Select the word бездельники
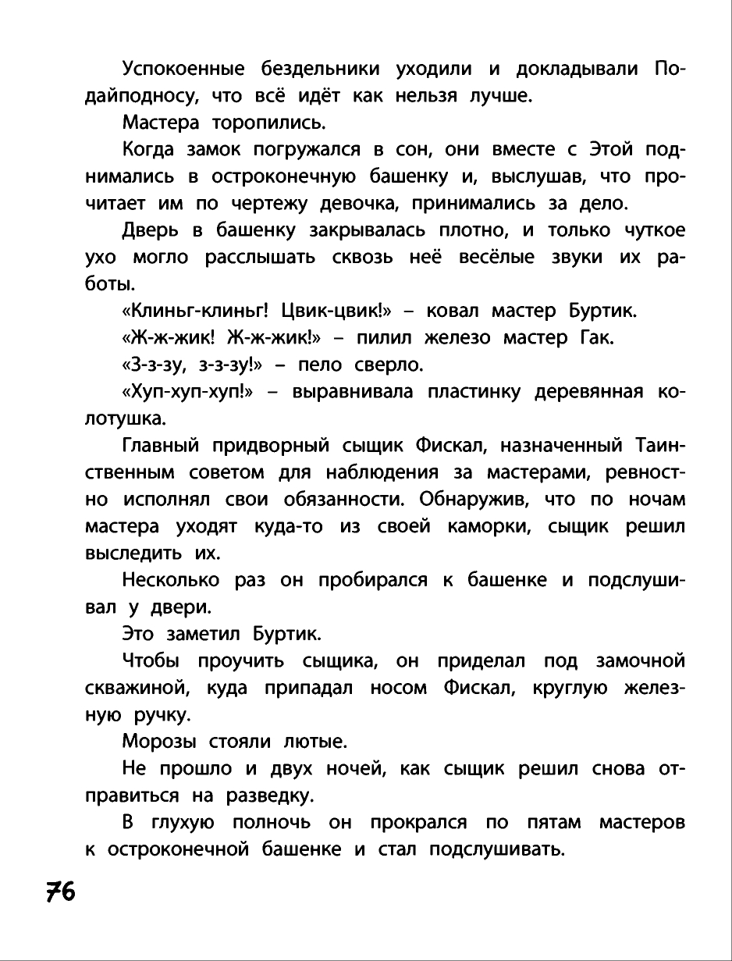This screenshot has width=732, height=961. coord(320,69)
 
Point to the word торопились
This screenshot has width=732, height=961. coord(264,123)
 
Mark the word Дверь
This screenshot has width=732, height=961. coord(149,231)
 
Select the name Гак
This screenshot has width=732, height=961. coord(599,338)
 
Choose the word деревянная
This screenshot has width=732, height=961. coord(588,392)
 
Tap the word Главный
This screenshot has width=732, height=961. coord(161,446)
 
